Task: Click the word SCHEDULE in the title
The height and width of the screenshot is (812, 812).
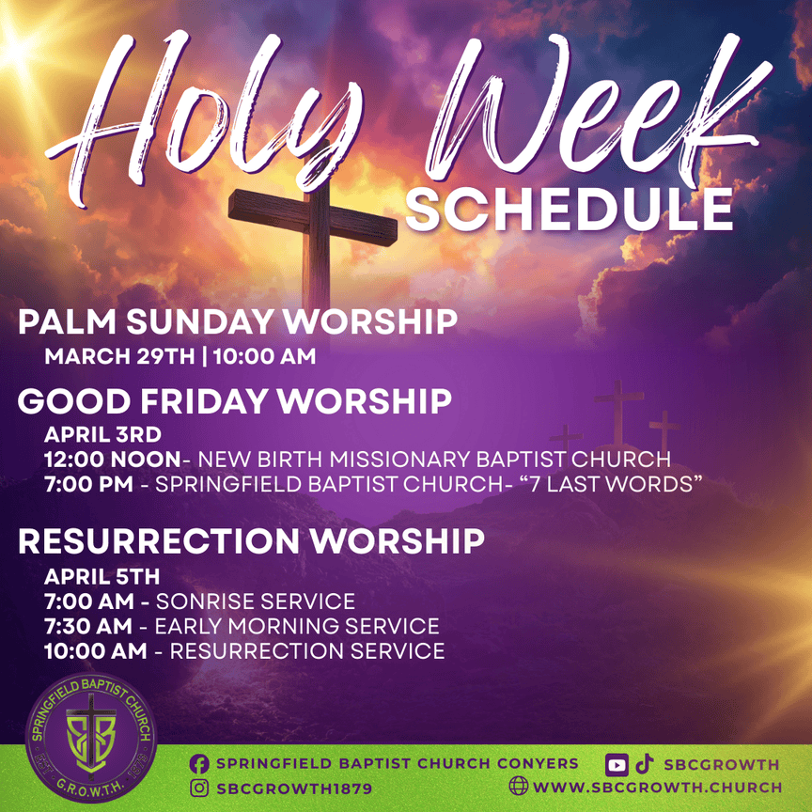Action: point(570,210)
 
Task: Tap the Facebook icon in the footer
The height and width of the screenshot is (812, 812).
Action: point(199,764)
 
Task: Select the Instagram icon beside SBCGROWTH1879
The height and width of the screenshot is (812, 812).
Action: point(199,789)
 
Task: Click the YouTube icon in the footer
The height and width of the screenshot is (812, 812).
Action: point(617,765)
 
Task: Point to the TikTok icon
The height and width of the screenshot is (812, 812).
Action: point(644,764)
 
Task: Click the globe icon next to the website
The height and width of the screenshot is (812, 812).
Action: point(519,786)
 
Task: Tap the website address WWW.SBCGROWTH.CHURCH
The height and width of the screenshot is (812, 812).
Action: point(658,788)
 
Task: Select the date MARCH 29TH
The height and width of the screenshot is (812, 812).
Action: point(119,356)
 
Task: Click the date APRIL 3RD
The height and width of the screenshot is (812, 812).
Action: point(103,434)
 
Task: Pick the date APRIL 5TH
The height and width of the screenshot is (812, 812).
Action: point(102,576)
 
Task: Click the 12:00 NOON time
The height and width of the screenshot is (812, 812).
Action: point(113,460)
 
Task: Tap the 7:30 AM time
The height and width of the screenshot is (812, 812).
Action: point(88,626)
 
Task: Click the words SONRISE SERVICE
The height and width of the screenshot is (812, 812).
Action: point(256,601)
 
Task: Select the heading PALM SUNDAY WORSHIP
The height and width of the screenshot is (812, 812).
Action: point(238,321)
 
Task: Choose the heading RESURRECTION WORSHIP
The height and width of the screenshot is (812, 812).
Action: point(251,541)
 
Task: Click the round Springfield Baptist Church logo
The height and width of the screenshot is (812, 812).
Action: point(91,738)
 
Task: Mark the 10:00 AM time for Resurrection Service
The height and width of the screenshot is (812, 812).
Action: point(96,651)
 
